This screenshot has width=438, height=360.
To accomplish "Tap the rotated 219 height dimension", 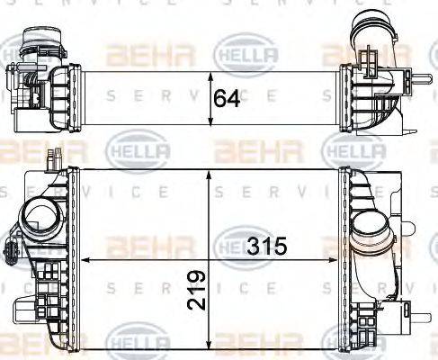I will [x=199, y=288].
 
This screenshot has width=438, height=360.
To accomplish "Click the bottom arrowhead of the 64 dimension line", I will [x=211, y=129].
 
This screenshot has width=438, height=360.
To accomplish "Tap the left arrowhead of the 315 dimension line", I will [x=85, y=257].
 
